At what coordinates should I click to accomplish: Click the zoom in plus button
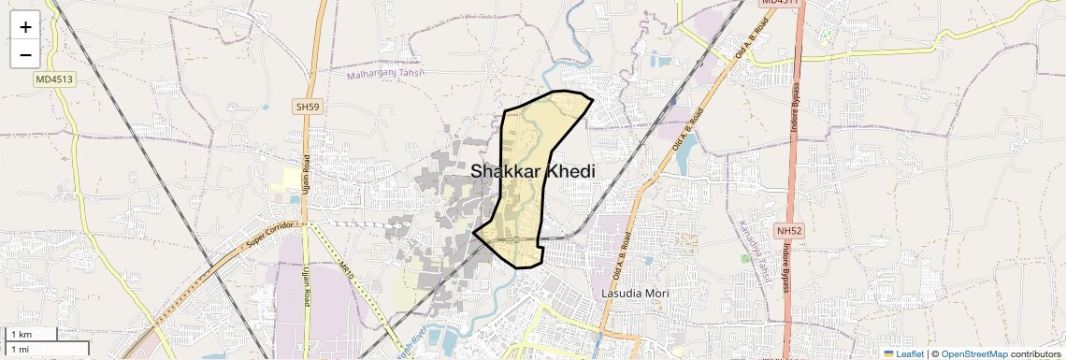pyautogui.click(x=25, y=27)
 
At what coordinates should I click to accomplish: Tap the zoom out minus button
pyautogui.click(x=25, y=54)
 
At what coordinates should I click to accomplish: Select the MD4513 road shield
pyautogui.click(x=54, y=79)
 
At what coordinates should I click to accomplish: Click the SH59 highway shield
pyautogui.click(x=308, y=108)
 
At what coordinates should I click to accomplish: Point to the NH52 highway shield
pyautogui.click(x=789, y=230)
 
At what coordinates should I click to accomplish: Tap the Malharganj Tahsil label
pyautogui.click(x=385, y=73)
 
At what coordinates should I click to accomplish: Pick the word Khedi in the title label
pyautogui.click(x=572, y=172)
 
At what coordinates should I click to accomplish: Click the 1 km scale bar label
pyautogui.click(x=22, y=334)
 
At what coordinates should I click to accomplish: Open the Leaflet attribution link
pyautogui.click(x=910, y=353)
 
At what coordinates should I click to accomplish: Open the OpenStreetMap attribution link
pyautogui.click(x=973, y=353)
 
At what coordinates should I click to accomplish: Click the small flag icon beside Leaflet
pyautogui.click(x=888, y=353)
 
